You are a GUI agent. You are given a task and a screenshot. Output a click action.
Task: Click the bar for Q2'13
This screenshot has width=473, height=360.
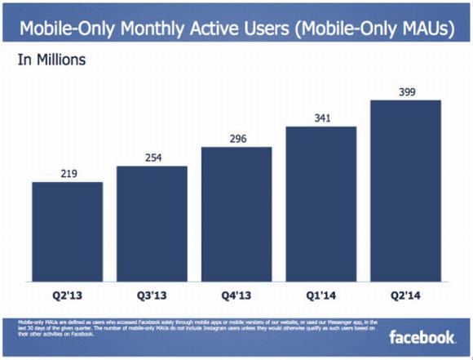(x=68, y=230)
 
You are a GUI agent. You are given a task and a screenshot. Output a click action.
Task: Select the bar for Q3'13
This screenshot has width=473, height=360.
(x=152, y=222)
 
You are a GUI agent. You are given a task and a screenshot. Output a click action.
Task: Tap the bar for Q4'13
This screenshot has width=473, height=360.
(x=236, y=213)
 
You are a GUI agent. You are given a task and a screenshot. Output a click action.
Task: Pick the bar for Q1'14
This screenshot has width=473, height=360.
(x=321, y=203)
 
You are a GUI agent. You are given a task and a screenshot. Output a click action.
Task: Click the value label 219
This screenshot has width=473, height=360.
(x=68, y=174)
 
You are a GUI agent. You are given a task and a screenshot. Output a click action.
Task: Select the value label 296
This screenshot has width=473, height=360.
(x=236, y=140)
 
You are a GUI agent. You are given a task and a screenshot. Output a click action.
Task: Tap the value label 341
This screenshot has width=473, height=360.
(x=321, y=119)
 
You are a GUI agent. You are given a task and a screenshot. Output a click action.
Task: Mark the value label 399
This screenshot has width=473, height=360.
(x=406, y=92)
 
